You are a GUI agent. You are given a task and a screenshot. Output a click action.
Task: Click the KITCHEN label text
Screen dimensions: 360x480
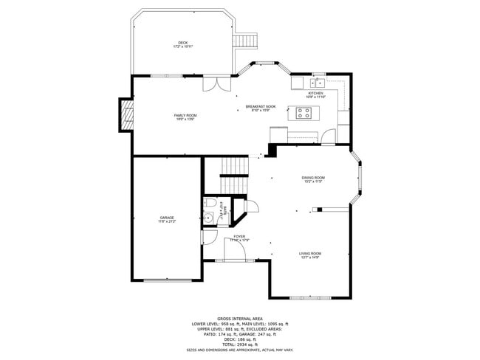(x=315, y=94)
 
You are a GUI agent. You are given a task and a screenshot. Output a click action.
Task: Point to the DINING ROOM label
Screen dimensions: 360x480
(x=313, y=178)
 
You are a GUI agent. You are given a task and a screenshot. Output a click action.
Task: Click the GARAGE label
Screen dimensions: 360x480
(x=167, y=218)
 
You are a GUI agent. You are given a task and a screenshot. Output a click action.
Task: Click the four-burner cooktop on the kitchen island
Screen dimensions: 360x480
(x=304, y=113)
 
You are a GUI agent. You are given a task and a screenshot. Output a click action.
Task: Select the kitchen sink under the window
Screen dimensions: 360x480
(x=318, y=83)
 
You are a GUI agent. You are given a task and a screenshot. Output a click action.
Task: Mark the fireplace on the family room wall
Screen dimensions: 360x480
(x=126, y=115)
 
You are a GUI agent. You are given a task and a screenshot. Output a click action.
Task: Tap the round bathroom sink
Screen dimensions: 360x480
(x=209, y=217)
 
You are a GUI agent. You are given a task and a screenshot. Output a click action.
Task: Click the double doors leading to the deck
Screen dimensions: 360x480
(x=213, y=83)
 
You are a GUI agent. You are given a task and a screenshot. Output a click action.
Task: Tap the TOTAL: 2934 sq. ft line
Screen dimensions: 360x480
(x=240, y=345)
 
